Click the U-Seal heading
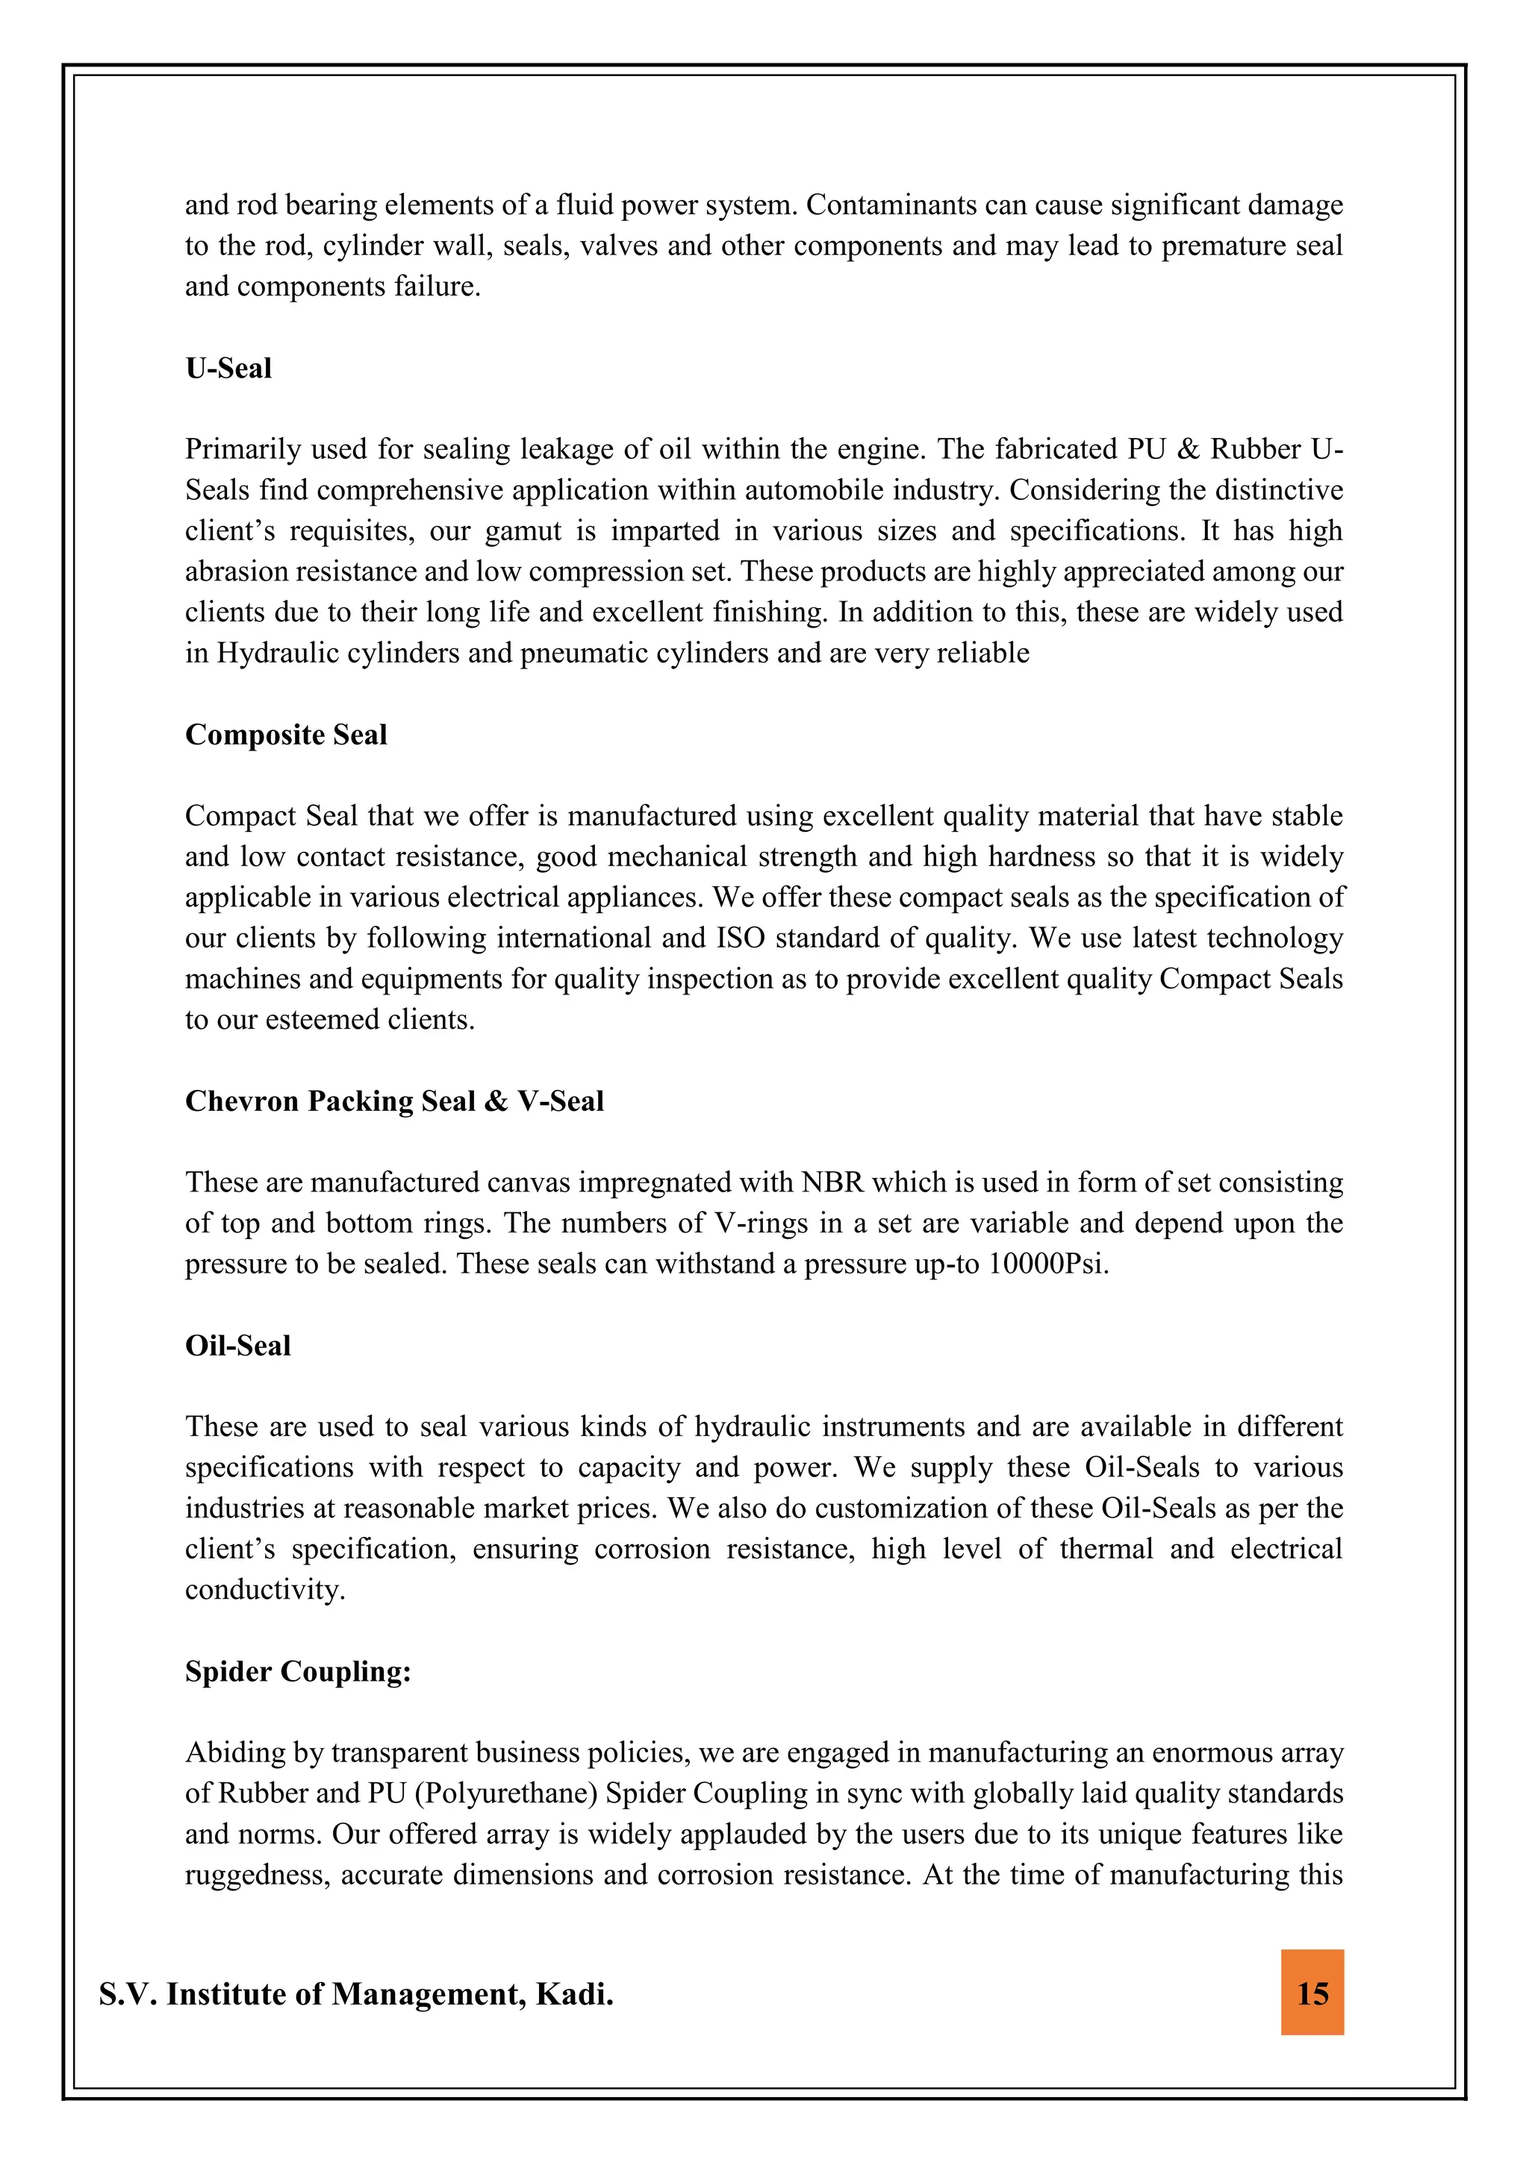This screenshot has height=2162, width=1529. click(x=228, y=369)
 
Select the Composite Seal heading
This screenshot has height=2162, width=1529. click(x=285, y=735)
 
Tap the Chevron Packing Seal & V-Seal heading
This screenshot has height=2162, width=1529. click(x=393, y=1101)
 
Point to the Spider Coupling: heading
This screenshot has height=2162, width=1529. click(x=298, y=1670)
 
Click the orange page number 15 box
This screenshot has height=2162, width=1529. click(x=1312, y=1993)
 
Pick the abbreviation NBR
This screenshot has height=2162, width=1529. click(x=832, y=1182)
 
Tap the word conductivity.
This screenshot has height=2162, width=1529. click(x=265, y=1590)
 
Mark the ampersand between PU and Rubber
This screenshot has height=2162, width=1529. click(x=1188, y=449)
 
